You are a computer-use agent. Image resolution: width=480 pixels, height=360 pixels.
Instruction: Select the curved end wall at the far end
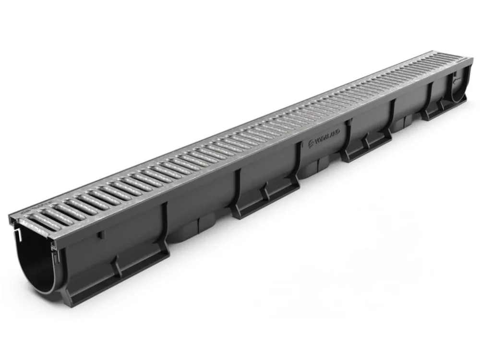(x=459, y=86)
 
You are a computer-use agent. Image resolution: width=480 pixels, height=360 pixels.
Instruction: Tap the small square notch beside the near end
(x=100, y=235)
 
